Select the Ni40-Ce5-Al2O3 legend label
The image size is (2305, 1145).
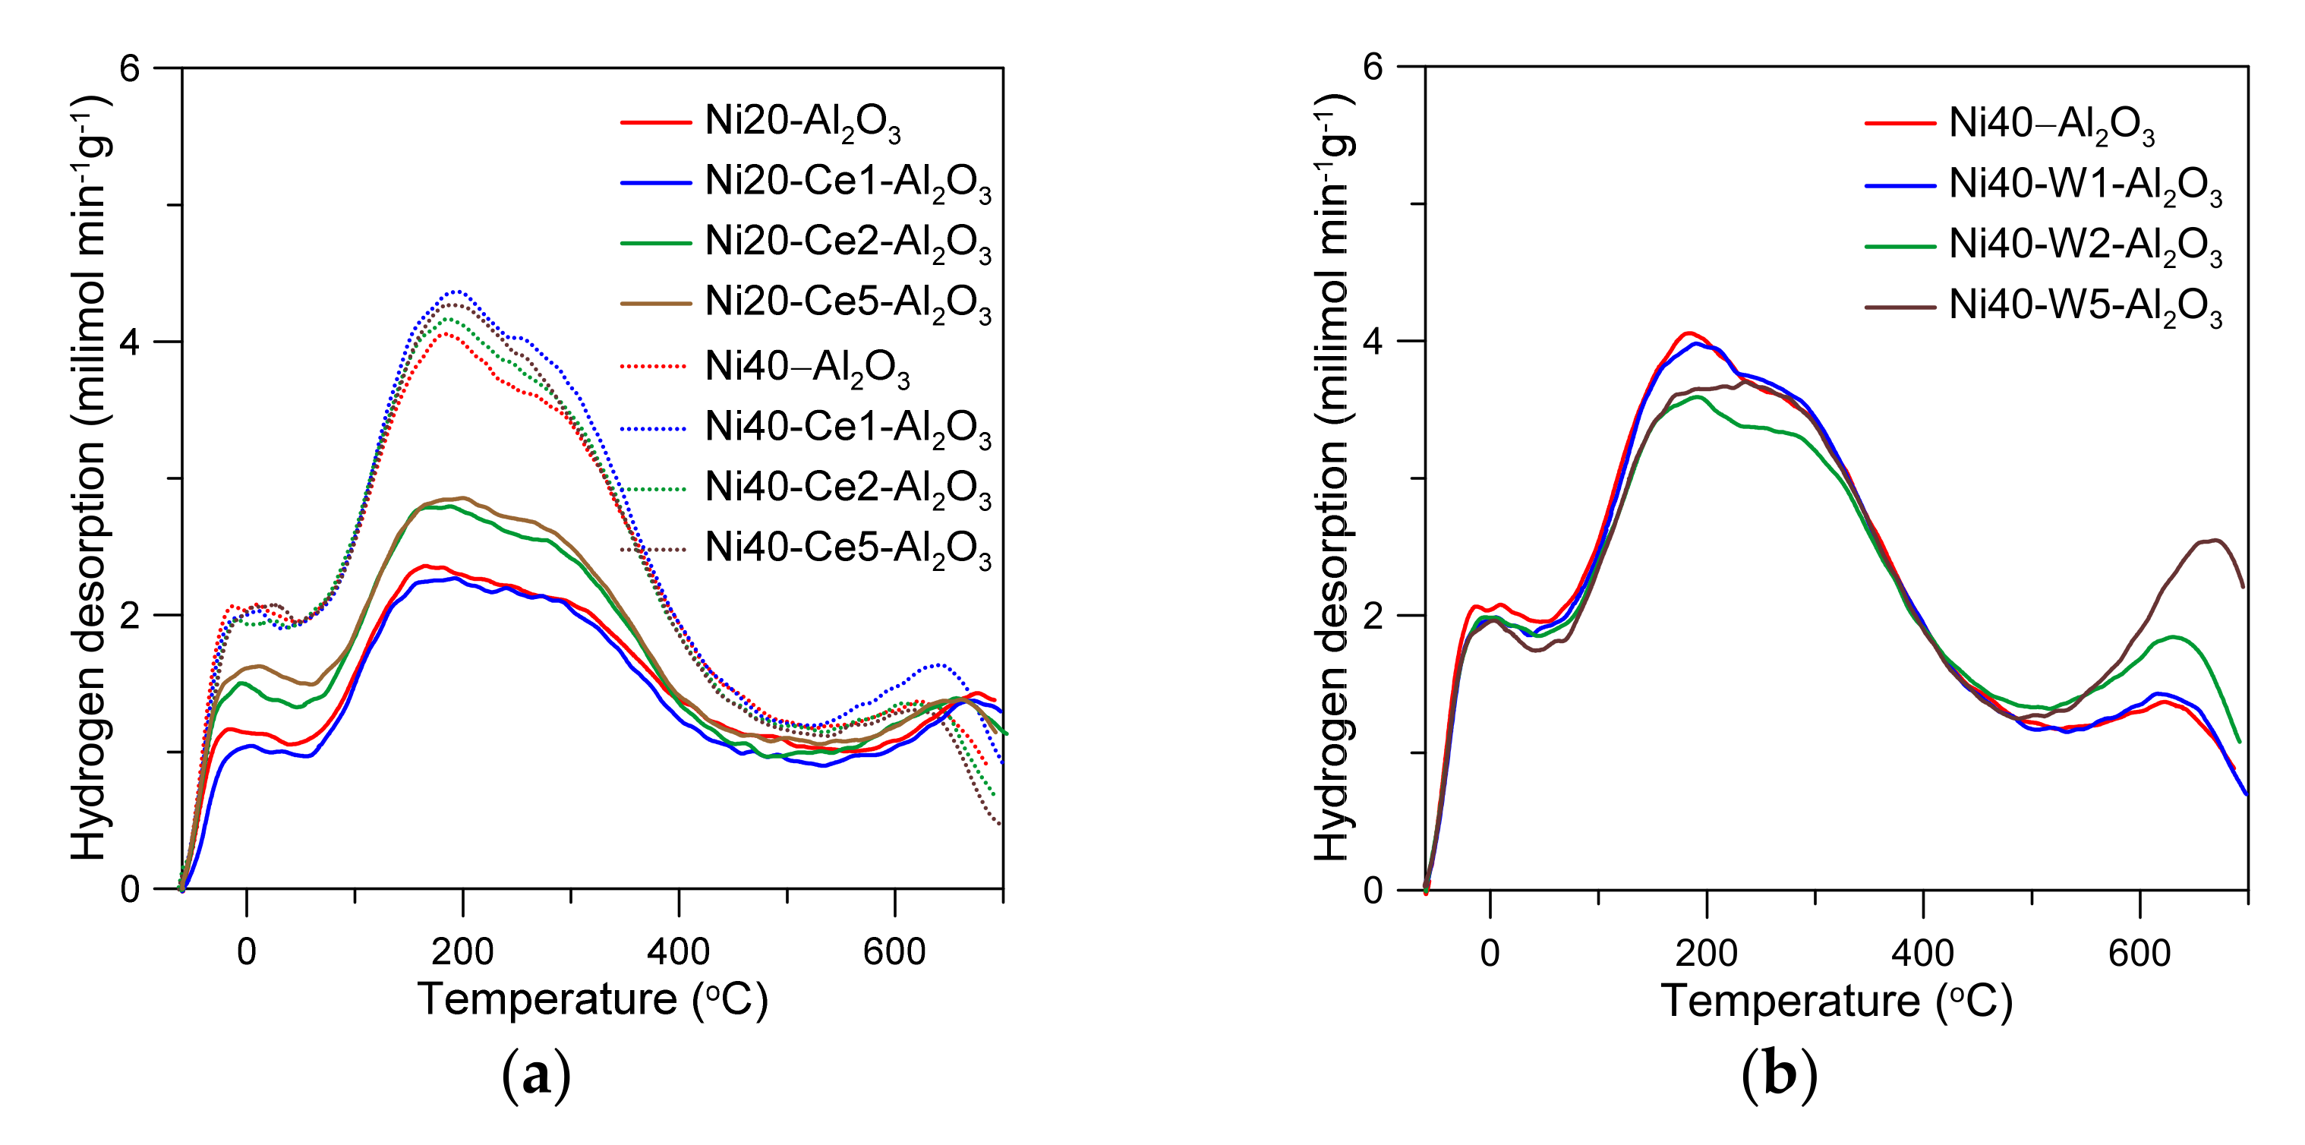pyautogui.click(x=847, y=548)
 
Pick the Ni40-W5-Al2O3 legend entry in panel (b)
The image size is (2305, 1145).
pyautogui.click(x=2085, y=307)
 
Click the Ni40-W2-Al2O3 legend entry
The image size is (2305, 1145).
pyautogui.click(x=2085, y=246)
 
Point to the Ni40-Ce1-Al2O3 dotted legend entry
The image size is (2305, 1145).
pyautogui.click(x=847, y=428)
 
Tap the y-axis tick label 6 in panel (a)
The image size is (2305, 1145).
pyautogui.click(x=131, y=68)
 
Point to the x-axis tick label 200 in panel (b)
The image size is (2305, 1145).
pyautogui.click(x=1707, y=954)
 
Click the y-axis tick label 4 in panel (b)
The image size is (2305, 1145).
pyautogui.click(x=1373, y=341)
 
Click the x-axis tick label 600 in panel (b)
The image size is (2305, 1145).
pyautogui.click(x=2139, y=954)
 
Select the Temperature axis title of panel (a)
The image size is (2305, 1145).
pyautogui.click(x=592, y=999)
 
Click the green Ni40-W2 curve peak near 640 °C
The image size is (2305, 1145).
pyautogui.click(x=2173, y=637)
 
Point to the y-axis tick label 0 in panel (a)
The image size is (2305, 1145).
pyautogui.click(x=131, y=889)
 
